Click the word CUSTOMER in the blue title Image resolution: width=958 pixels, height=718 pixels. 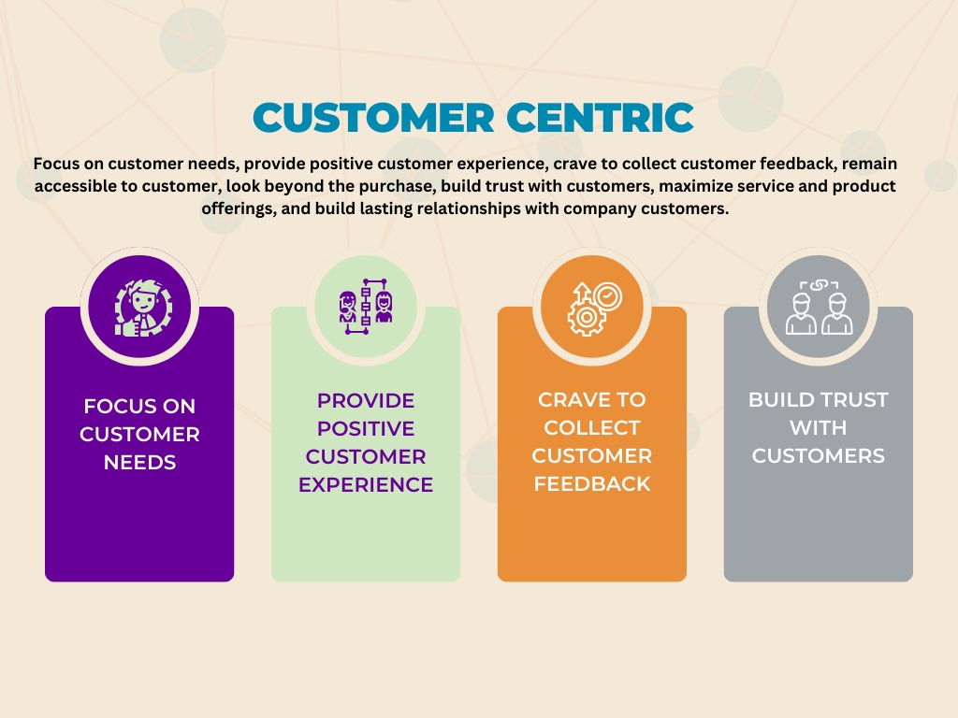pyautogui.click(x=373, y=117)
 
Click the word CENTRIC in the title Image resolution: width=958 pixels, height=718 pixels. pyautogui.click(x=601, y=117)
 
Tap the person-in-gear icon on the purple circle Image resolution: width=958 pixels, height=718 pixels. pyautogui.click(x=143, y=308)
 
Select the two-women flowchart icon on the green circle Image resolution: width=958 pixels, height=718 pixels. pyautogui.click(x=366, y=306)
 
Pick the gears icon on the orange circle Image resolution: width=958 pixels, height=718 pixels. pyautogui.click(x=594, y=309)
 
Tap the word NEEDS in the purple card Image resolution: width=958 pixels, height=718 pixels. pyautogui.click(x=140, y=462)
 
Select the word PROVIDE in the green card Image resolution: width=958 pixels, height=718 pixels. pyautogui.click(x=366, y=400)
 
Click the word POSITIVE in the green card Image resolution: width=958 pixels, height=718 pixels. pyautogui.click(x=366, y=428)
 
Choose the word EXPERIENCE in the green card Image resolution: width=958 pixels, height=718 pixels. pyautogui.click(x=366, y=485)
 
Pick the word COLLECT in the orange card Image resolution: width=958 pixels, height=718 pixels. pyautogui.click(x=592, y=427)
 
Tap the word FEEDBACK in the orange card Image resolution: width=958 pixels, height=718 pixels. pyautogui.click(x=592, y=483)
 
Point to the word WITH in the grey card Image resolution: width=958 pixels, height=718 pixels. pyautogui.click(x=818, y=427)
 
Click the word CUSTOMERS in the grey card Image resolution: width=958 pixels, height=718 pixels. pyautogui.click(x=818, y=455)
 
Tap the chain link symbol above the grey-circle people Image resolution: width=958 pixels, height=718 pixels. pyautogui.click(x=819, y=284)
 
